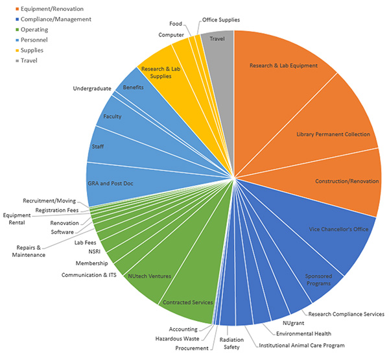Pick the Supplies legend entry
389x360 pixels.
(x=32, y=51)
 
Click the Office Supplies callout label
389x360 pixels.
(x=220, y=19)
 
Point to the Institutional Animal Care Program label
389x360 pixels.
(x=301, y=345)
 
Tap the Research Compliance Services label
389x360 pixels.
(x=346, y=314)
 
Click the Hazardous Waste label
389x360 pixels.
(x=177, y=339)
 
